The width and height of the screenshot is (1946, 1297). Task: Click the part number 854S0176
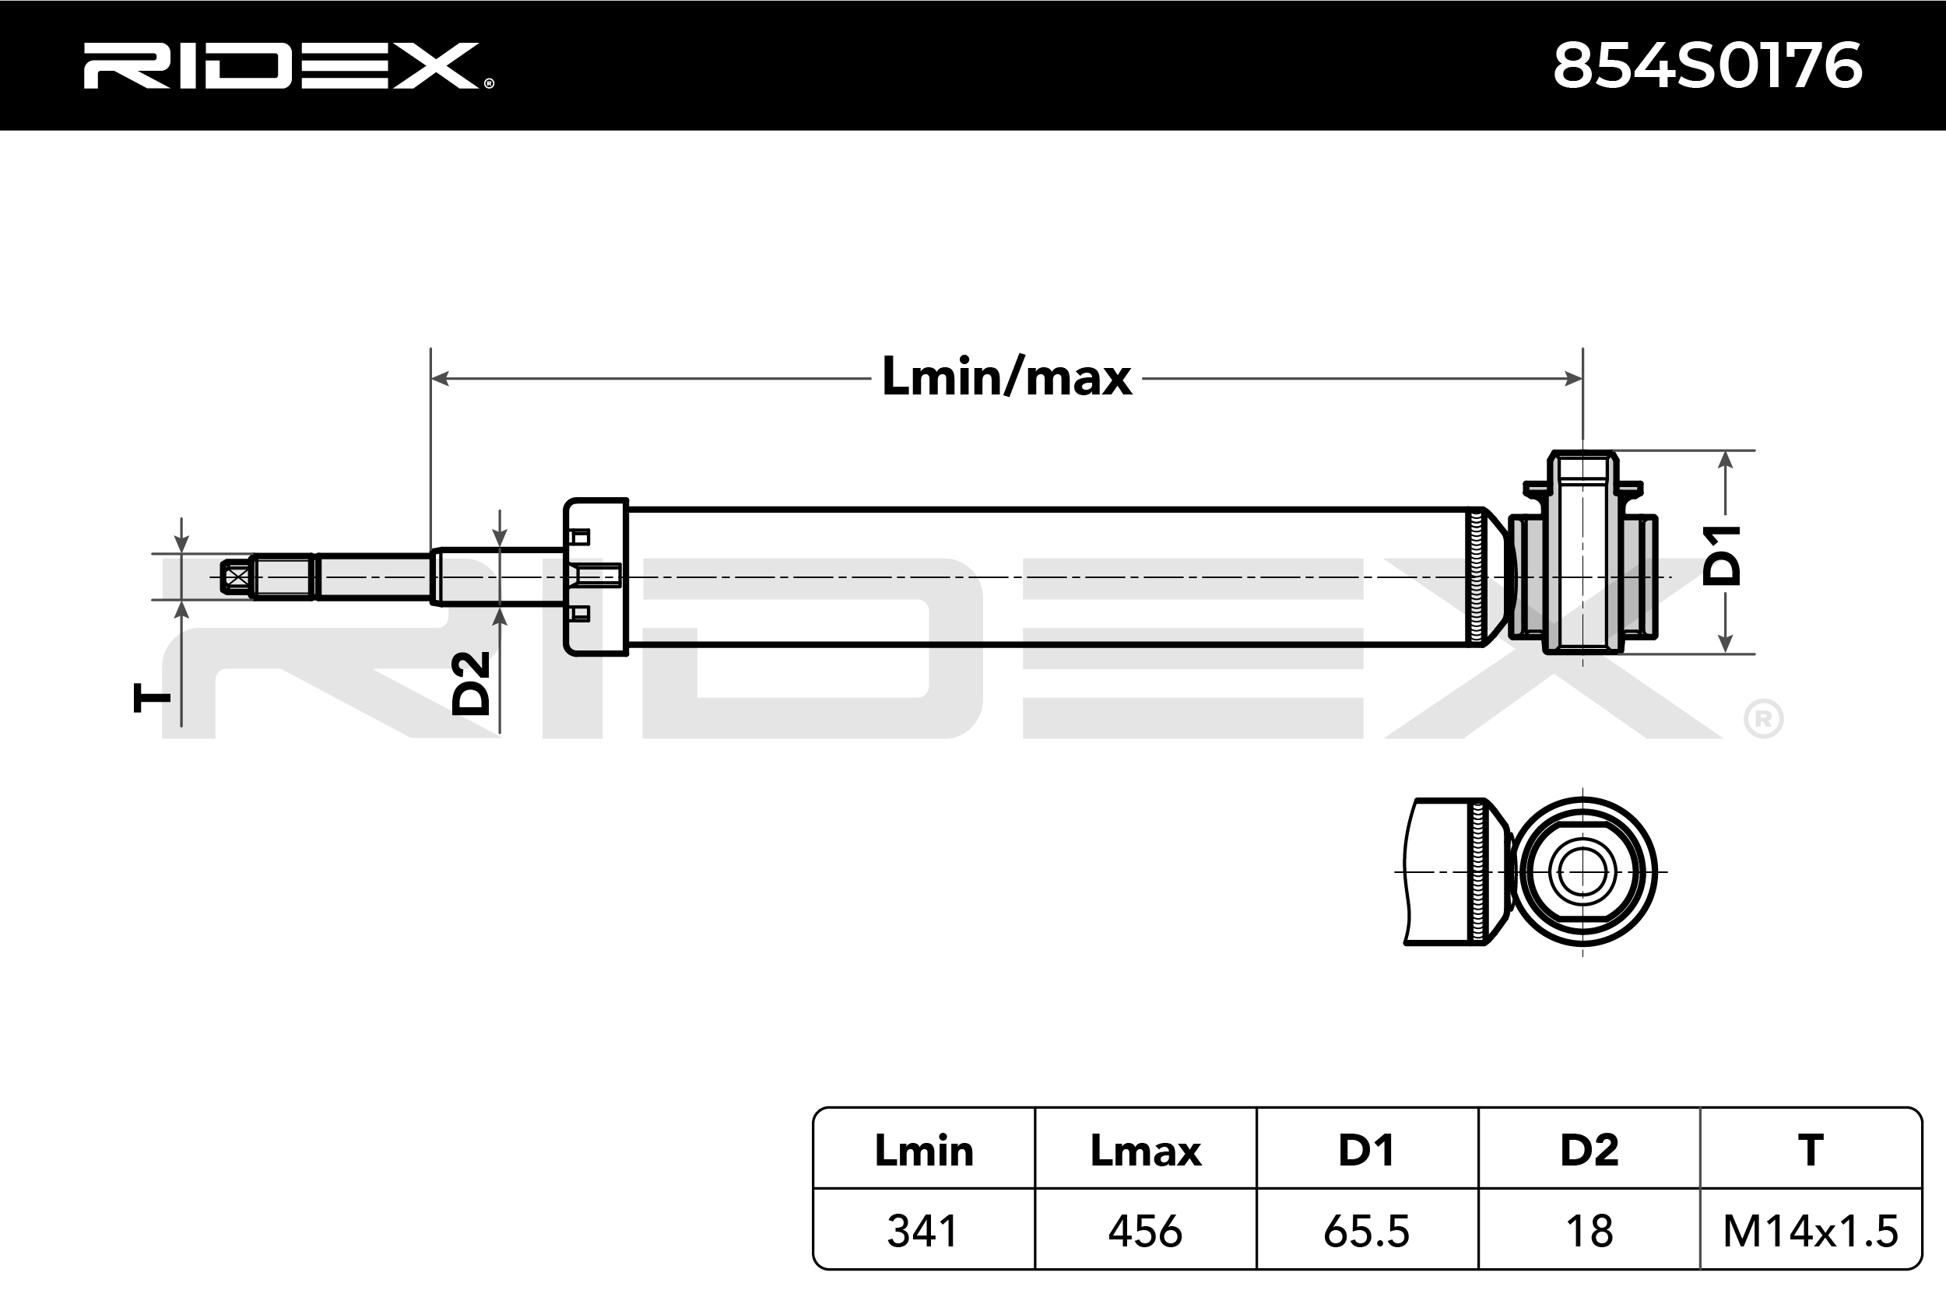pyautogui.click(x=1707, y=65)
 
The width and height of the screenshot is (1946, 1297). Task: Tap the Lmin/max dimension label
pyautogui.click(x=1006, y=377)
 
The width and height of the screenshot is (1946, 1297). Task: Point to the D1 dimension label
pyautogui.click(x=1723, y=555)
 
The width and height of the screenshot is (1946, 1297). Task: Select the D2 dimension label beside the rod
pyautogui.click(x=472, y=682)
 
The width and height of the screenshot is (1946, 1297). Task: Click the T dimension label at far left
pyautogui.click(x=153, y=698)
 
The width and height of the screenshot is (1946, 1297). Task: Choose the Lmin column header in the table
pyautogui.click(x=923, y=1151)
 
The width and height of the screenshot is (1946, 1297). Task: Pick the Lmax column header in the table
pyautogui.click(x=1145, y=1151)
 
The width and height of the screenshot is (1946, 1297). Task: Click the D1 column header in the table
pyautogui.click(x=1367, y=1151)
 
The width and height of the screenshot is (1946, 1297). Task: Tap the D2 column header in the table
pyautogui.click(x=1589, y=1151)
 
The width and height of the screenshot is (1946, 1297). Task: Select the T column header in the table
pyautogui.click(x=1811, y=1151)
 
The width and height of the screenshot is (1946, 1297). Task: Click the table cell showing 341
pyautogui.click(x=923, y=1231)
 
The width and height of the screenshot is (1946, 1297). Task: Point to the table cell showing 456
pyautogui.click(x=1145, y=1231)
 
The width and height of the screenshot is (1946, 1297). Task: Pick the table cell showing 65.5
pyautogui.click(x=1367, y=1231)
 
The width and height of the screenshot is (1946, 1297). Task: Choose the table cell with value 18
pyautogui.click(x=1589, y=1231)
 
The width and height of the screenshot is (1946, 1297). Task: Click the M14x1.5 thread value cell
pyautogui.click(x=1811, y=1231)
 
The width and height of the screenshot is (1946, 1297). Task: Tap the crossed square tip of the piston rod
pyautogui.click(x=237, y=577)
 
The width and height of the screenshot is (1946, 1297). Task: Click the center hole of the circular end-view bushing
pyautogui.click(x=1582, y=872)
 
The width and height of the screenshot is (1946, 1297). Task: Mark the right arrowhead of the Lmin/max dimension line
pyautogui.click(x=1574, y=379)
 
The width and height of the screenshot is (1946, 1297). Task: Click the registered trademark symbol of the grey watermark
pyautogui.click(x=1763, y=720)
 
